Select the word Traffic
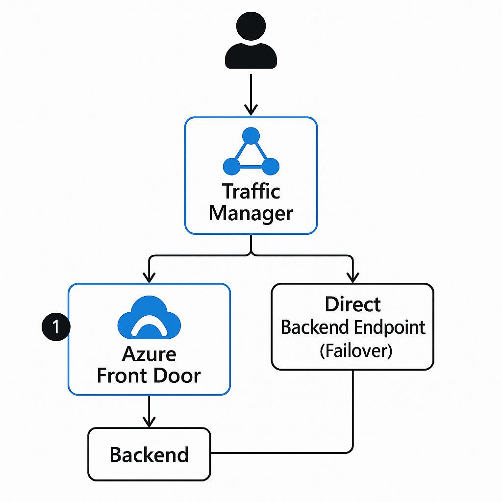(x=251, y=191)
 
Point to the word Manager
(x=251, y=213)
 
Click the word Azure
(x=149, y=354)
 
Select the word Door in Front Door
(x=177, y=376)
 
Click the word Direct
(x=352, y=304)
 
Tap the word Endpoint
(x=390, y=327)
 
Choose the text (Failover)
(x=352, y=351)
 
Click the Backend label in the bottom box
(x=149, y=455)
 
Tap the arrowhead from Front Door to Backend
(x=149, y=422)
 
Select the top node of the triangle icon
(x=251, y=135)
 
